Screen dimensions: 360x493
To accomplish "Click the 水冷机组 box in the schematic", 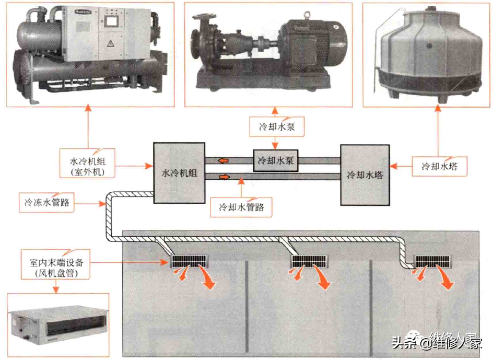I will click(x=179, y=173).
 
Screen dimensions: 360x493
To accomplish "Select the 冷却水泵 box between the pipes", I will click(x=275, y=161).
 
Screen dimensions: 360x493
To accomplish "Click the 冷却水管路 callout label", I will click(x=241, y=207).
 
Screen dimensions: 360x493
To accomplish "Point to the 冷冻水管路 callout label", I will click(x=46, y=202).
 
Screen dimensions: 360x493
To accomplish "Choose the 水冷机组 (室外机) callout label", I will click(x=87, y=162).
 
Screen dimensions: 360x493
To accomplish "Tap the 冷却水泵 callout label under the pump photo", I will click(x=274, y=126).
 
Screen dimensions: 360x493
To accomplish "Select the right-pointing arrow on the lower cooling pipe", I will click(x=224, y=178).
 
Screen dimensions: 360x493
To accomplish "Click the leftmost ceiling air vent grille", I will click(x=190, y=260).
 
